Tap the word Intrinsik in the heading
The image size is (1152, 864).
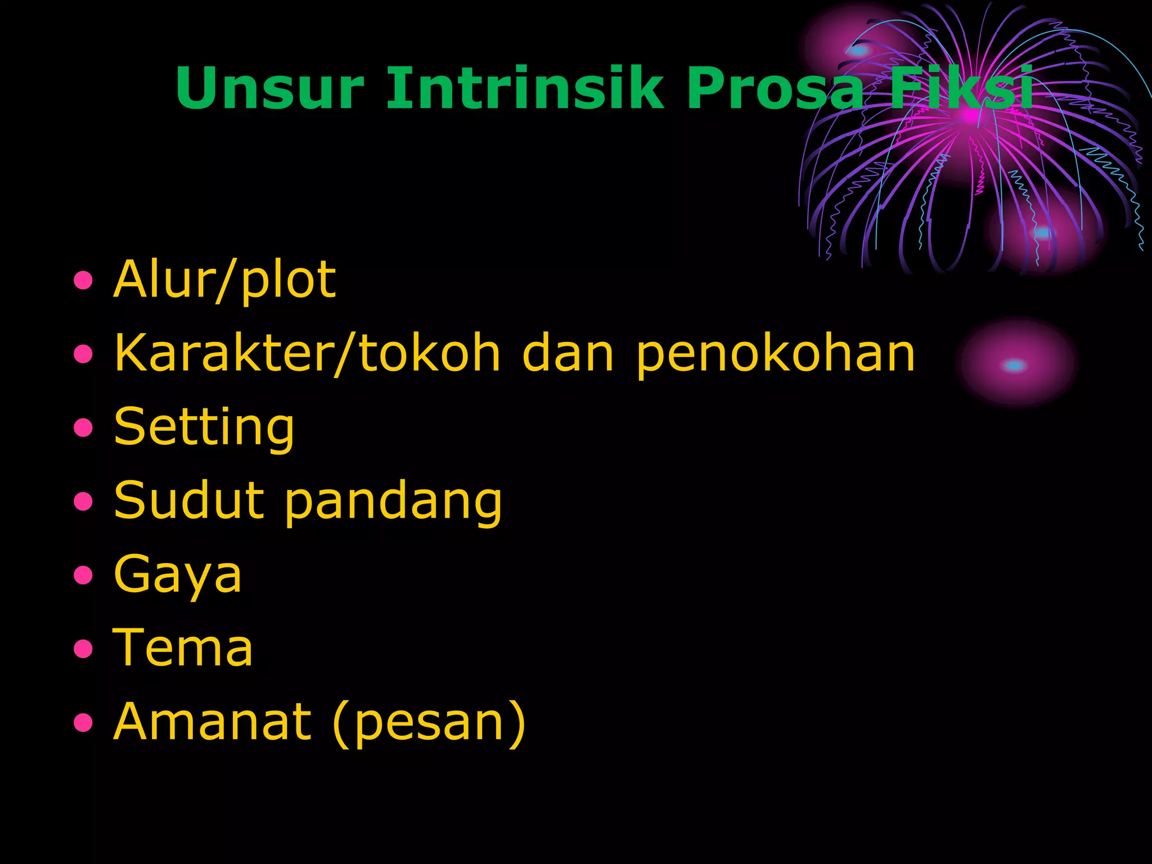pyautogui.click(x=525, y=88)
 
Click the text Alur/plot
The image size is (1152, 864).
pyautogui.click(x=224, y=280)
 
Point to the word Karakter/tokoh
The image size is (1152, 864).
pyautogui.click(x=307, y=353)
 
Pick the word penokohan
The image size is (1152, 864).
pyautogui.click(x=776, y=354)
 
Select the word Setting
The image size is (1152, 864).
pyautogui.click(x=204, y=427)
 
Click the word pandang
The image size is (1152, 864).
pyautogui.click(x=393, y=502)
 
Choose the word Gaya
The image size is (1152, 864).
pyautogui.click(x=178, y=575)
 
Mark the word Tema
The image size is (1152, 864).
pyautogui.click(x=183, y=648)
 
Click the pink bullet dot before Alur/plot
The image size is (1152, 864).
pyautogui.click(x=83, y=280)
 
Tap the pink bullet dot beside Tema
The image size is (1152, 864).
pyautogui.click(x=83, y=649)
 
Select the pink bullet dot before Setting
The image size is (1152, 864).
pyautogui.click(x=83, y=427)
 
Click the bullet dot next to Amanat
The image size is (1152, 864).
pyautogui.click(x=83, y=722)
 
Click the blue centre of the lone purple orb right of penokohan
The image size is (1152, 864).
pyautogui.click(x=1014, y=366)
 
